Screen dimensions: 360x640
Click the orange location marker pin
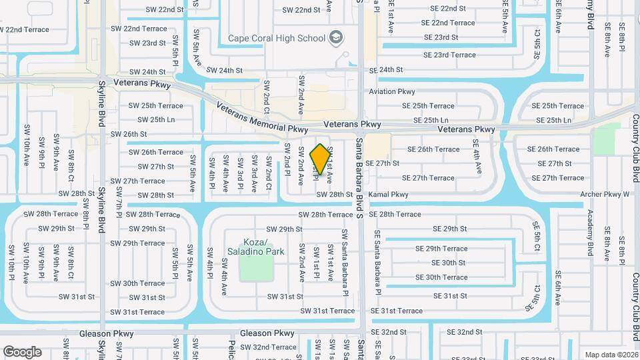321,159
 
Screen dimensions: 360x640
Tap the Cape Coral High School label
276,37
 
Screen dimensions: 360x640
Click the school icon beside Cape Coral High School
336,37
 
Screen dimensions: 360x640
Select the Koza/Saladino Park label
256,247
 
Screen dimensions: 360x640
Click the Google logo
22,351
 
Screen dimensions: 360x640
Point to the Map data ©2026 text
611,355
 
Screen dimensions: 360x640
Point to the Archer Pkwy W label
605,195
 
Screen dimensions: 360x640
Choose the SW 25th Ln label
156,120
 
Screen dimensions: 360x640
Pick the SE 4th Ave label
476,157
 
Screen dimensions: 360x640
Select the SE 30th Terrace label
441,277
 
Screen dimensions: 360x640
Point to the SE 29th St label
449,229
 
